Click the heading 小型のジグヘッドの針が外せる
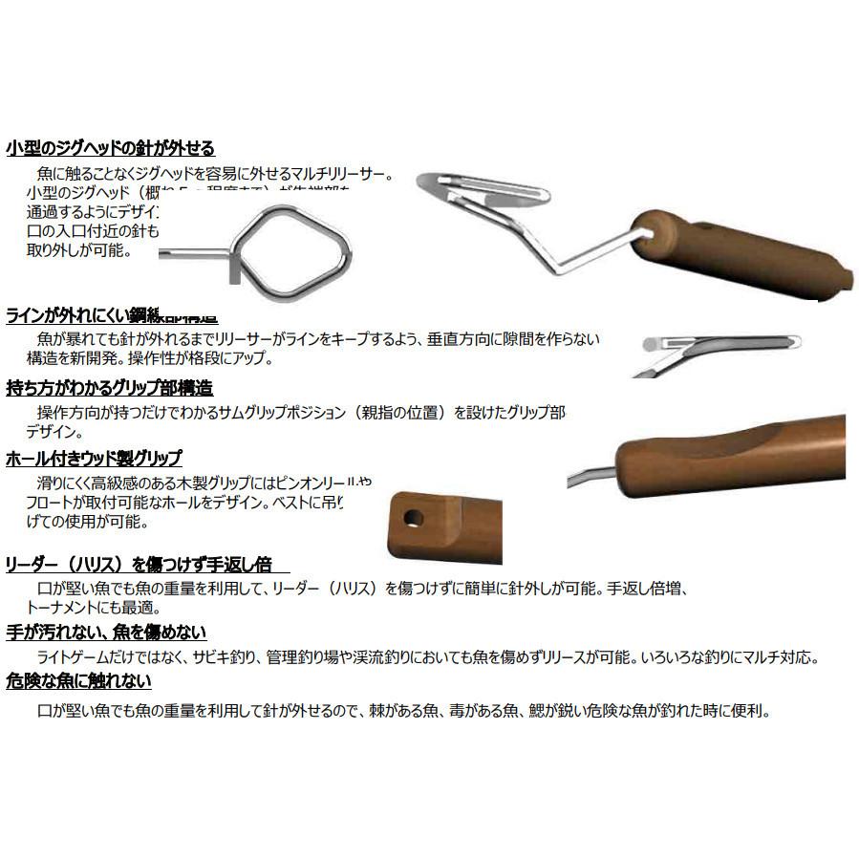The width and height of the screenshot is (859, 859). [110, 148]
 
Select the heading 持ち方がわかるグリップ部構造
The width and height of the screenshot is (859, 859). [109, 388]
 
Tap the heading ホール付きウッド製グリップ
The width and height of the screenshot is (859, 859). [94, 459]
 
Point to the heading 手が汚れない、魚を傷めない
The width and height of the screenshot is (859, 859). [106, 633]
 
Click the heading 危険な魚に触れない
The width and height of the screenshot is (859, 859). [78, 682]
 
